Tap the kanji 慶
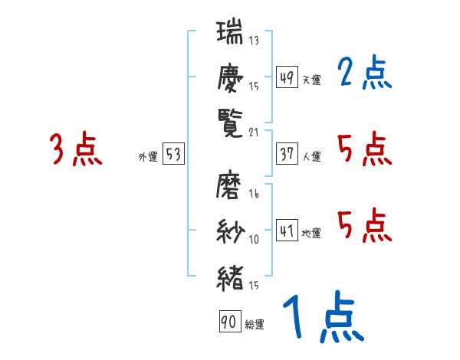(x=230, y=77)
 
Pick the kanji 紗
(x=230, y=231)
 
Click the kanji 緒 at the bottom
(x=230, y=277)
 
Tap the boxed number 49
(x=287, y=77)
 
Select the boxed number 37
(x=287, y=155)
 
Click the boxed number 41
(x=287, y=231)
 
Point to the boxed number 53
(x=173, y=155)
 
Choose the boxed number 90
(x=229, y=322)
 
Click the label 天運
(x=311, y=80)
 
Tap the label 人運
(x=311, y=157)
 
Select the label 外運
(x=148, y=157)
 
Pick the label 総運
(x=255, y=325)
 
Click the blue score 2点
(x=364, y=74)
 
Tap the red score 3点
(x=75, y=149)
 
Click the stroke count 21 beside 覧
(x=254, y=132)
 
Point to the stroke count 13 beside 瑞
(x=254, y=41)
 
